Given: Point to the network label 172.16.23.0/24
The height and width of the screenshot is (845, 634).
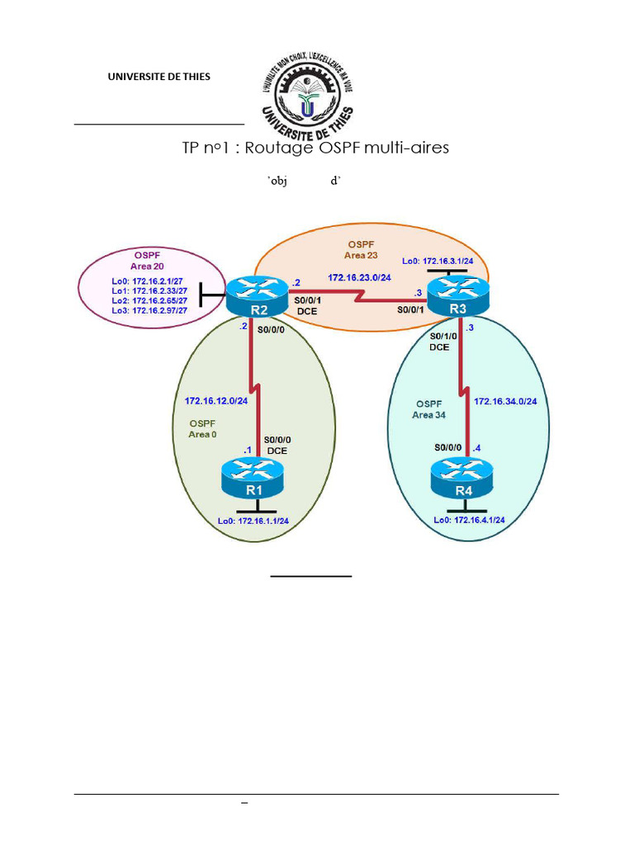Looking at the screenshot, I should [359, 278].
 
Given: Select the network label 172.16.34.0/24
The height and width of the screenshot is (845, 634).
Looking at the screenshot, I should [506, 401].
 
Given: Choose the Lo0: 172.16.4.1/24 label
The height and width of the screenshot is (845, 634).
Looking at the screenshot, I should [469, 520].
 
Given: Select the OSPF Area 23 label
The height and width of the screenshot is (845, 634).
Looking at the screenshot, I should [361, 250].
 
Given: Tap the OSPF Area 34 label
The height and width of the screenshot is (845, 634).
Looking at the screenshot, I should [429, 409].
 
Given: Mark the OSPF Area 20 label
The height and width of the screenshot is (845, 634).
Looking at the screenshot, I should [147, 261].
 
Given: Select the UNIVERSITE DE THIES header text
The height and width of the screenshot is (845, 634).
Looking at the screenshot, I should [158, 77].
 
